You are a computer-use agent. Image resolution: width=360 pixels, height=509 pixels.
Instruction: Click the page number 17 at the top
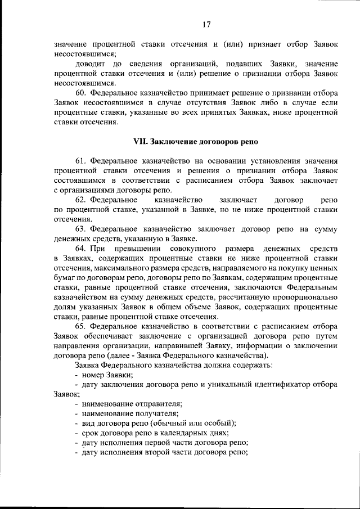point(206,24)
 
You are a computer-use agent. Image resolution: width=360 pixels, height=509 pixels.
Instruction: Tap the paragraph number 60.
point(80,92)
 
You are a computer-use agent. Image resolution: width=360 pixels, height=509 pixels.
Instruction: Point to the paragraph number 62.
point(80,199)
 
